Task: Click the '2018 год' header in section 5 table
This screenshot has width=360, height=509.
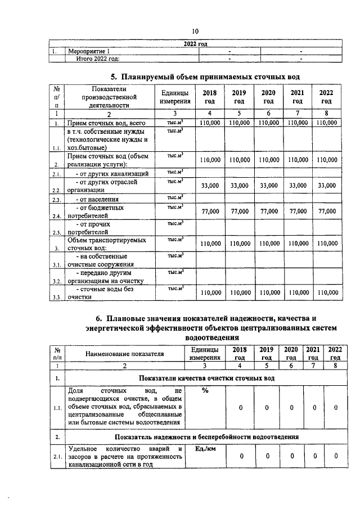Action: [209, 97]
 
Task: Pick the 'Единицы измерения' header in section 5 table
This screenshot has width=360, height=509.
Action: [174, 97]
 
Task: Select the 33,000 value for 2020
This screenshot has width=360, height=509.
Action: [268, 185]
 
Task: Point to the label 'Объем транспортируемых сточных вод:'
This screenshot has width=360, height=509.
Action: [99, 244]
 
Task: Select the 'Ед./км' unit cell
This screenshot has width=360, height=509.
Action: [205, 449]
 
